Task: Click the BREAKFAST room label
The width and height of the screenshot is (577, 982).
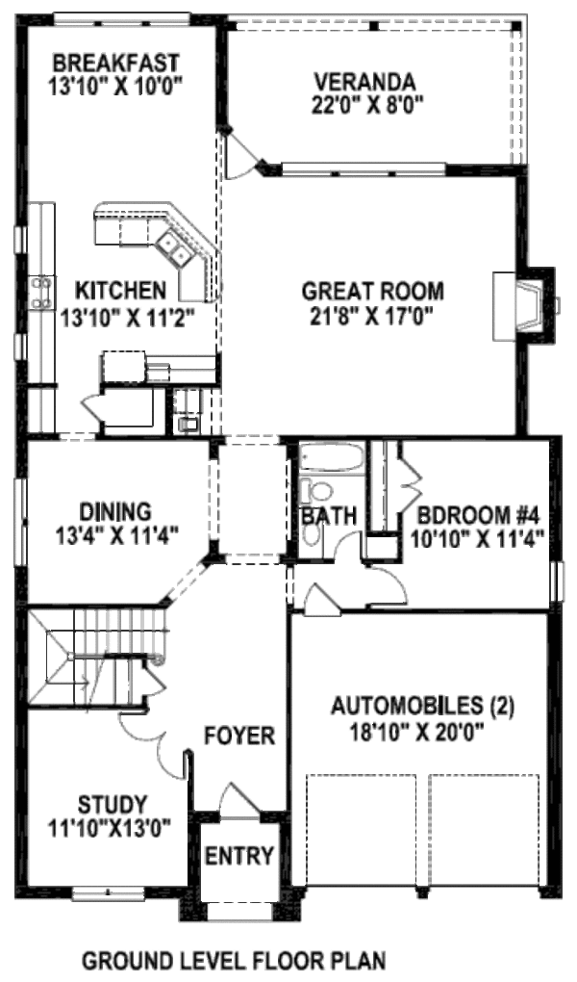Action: point(115,63)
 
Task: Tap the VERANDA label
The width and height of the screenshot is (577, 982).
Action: point(368,81)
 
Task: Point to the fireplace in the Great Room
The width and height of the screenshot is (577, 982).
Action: point(525,304)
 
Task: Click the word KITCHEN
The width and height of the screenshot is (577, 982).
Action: point(121,290)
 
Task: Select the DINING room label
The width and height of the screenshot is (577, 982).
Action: point(115,510)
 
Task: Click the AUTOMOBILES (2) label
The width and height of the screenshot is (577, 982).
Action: point(422,708)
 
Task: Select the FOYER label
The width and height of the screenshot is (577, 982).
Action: point(239,736)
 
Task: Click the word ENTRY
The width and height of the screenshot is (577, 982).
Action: point(239,855)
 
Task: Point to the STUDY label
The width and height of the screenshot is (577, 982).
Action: point(113,804)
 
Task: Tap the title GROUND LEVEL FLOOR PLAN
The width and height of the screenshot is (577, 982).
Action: point(234,960)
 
